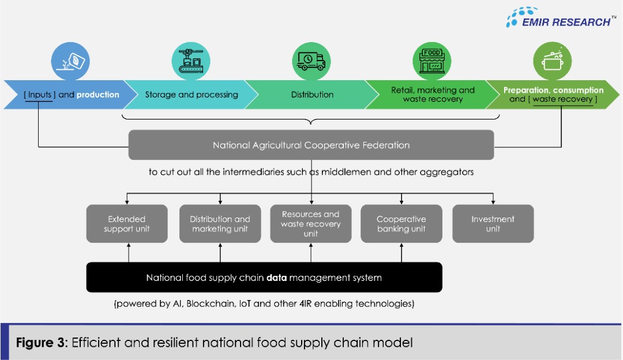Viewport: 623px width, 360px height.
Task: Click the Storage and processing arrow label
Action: pyautogui.click(x=192, y=95)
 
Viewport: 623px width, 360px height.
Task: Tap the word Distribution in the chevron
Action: pyautogui.click(x=312, y=95)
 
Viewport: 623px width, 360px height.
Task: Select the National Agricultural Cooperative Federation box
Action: pyautogui.click(x=311, y=145)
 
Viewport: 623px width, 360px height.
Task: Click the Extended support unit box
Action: pyautogui.click(x=127, y=224)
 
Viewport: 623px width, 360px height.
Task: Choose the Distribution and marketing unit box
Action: pyautogui.click(x=220, y=224)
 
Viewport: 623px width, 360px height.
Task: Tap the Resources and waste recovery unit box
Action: pyautogui.click(x=311, y=224)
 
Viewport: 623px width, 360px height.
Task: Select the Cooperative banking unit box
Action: pyautogui.click(x=401, y=224)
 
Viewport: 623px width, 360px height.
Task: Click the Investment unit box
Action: pyautogui.click(x=493, y=224)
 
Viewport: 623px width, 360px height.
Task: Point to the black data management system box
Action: pyautogui.click(x=264, y=277)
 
